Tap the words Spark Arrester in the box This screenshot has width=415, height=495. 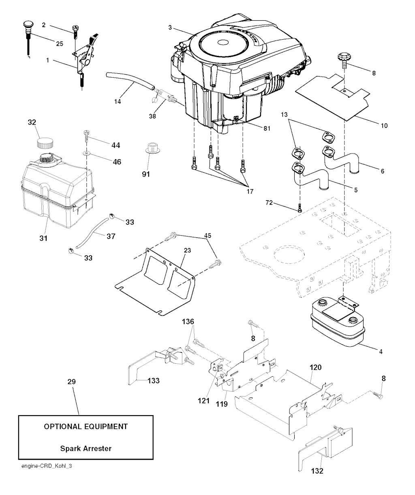click(x=86, y=448)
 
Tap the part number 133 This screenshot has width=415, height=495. click(x=153, y=380)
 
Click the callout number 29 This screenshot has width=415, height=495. click(x=71, y=382)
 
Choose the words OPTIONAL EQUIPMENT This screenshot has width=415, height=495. click(x=86, y=427)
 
